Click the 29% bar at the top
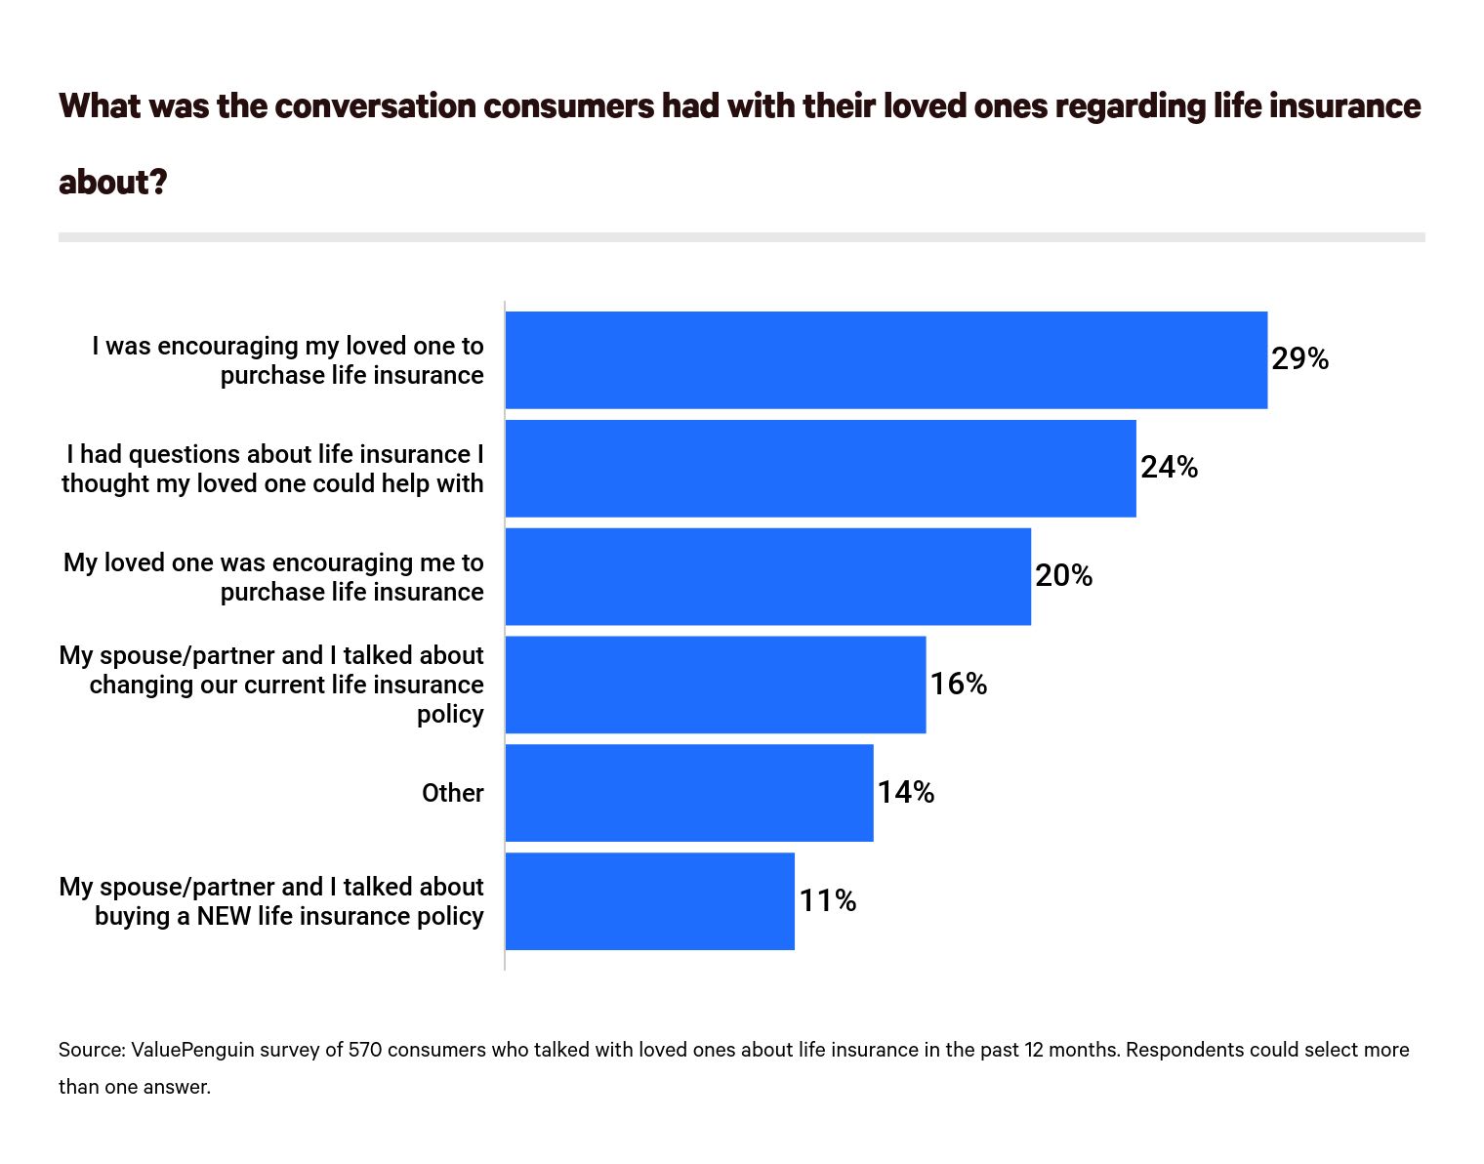[x=886, y=359]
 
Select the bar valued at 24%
[x=820, y=468]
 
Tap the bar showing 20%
[x=767, y=576]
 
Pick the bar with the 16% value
[x=715, y=685]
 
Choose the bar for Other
[x=688, y=793]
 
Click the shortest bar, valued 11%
[x=649, y=901]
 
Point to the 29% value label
[x=1299, y=359]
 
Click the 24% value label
[x=1169, y=468]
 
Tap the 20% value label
[x=1063, y=576]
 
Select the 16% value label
[x=958, y=685]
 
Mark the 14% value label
[x=905, y=793]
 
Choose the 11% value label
[x=827, y=900]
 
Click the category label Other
[x=452, y=793]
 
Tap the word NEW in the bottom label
[x=224, y=916]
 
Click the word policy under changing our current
[x=450, y=715]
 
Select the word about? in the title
[x=113, y=182]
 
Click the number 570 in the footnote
[x=364, y=1050]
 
